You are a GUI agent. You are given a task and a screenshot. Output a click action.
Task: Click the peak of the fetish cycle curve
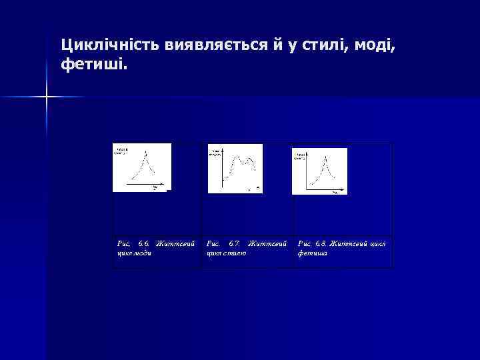[x=325, y=157]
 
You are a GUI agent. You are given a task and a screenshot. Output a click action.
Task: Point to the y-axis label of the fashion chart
[x=121, y=149]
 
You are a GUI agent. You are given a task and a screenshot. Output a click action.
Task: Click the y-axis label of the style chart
[x=217, y=153]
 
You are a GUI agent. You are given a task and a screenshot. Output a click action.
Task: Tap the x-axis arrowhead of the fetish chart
[x=343, y=187]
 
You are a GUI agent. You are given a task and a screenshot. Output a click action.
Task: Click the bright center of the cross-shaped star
[x=47, y=97]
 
